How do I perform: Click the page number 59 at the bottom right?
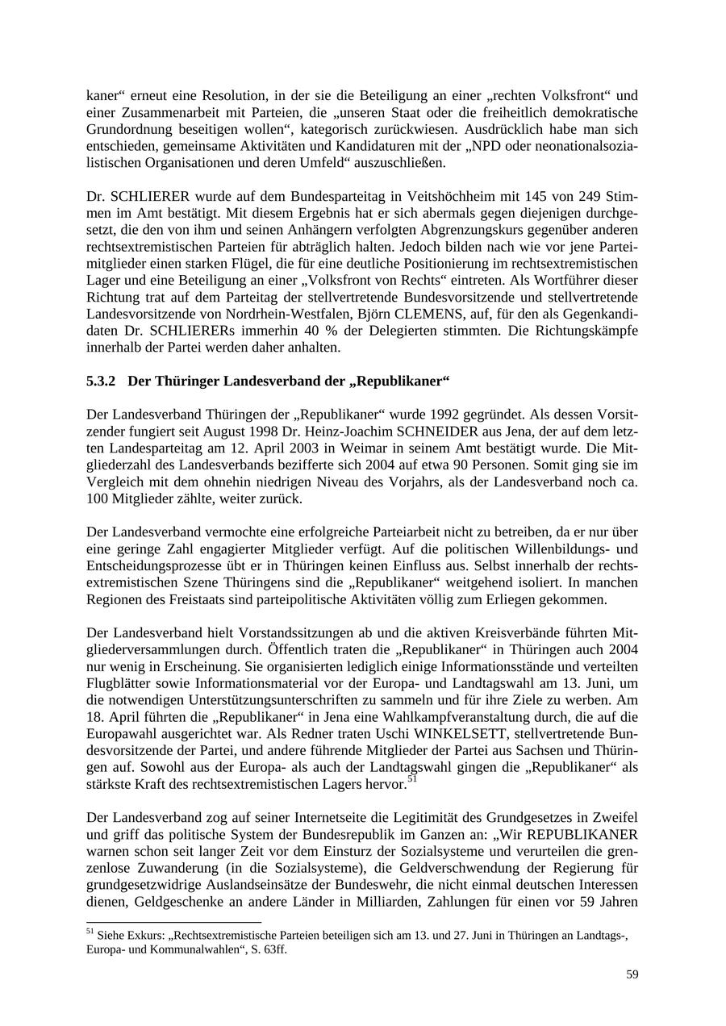point(632,974)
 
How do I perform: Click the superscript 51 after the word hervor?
point(412,780)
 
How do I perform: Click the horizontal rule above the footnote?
point(173,922)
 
